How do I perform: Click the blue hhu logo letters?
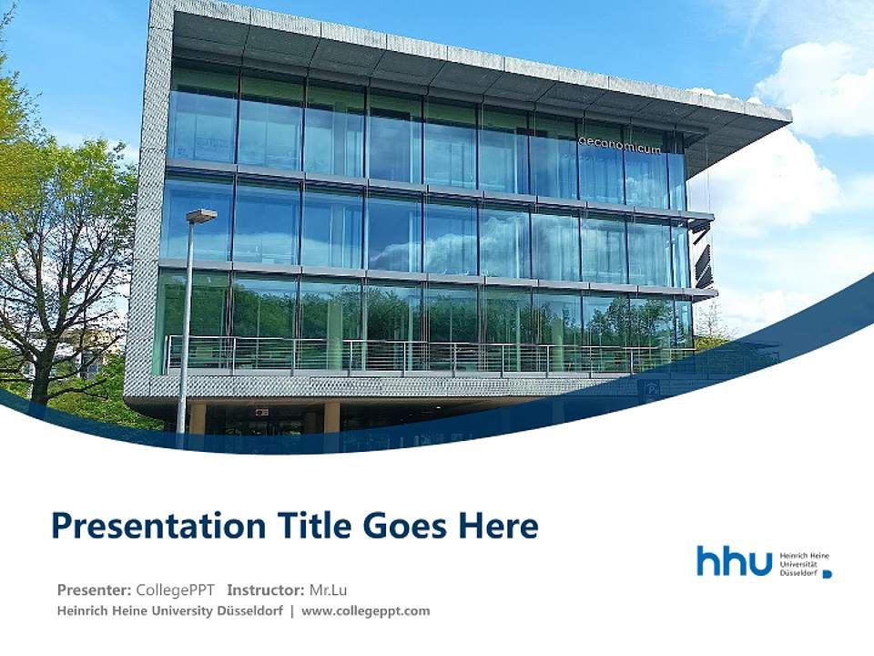click(734, 561)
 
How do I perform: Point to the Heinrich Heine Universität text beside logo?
click(805, 563)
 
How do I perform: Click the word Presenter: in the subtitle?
click(94, 589)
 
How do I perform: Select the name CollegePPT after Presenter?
click(175, 589)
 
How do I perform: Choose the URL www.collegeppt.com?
click(365, 610)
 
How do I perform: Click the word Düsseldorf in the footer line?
click(249, 610)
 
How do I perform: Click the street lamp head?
click(202, 215)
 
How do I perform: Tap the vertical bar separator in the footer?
click(291, 610)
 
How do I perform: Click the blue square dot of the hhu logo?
click(827, 573)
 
